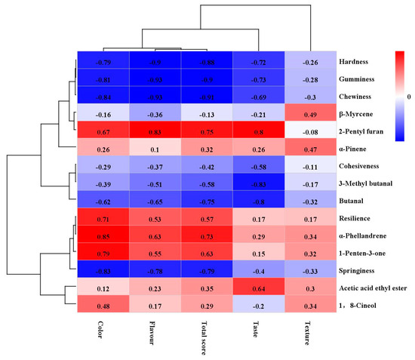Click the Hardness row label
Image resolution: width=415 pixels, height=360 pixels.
point(355,60)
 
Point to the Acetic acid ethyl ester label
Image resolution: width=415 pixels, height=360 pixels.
point(373,288)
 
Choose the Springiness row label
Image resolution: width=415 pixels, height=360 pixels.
point(359,270)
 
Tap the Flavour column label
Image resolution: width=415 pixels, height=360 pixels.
point(155,333)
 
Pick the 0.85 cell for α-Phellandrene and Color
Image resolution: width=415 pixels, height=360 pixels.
point(103,235)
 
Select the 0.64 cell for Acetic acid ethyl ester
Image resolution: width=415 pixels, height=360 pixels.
point(259,288)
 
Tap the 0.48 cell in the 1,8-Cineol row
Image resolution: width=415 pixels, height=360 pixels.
point(103,305)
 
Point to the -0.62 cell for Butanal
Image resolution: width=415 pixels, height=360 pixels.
point(103,201)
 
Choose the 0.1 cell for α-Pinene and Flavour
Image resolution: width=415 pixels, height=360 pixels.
point(155,148)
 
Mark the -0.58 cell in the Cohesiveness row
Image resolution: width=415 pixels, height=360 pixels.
point(259,166)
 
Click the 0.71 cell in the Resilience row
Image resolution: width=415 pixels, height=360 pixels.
point(103,218)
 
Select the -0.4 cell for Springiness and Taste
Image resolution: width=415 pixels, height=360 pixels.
point(259,270)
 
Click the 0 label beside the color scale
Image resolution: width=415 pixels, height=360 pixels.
point(408,97)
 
